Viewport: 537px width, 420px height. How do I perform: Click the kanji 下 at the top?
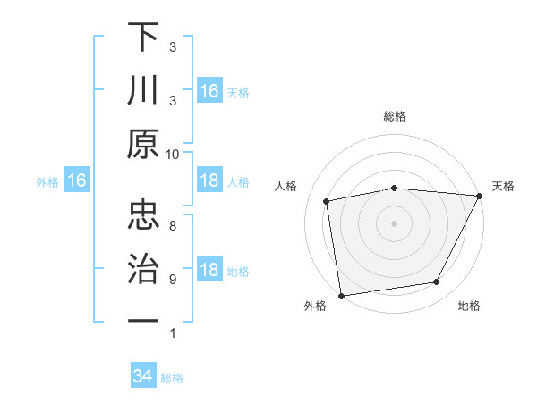(x=143, y=39)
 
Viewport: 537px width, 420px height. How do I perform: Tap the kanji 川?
(x=143, y=92)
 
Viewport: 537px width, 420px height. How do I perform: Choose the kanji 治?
(x=143, y=266)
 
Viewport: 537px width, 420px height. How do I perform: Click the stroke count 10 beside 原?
(x=173, y=154)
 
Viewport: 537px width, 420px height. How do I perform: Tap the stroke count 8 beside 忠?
(x=173, y=225)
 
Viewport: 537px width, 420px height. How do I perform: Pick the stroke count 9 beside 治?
(x=173, y=279)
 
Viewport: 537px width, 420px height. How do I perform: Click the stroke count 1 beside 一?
(x=173, y=333)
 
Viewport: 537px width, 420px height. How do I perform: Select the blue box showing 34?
(x=142, y=376)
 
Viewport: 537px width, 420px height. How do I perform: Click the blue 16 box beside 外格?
(x=76, y=181)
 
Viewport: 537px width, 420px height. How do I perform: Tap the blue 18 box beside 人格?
(x=209, y=181)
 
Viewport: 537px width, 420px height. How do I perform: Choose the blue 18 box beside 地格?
(x=209, y=270)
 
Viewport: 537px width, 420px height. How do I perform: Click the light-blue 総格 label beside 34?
(x=172, y=377)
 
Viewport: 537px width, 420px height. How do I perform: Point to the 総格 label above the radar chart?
(x=394, y=116)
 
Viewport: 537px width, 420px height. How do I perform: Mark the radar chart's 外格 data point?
(x=341, y=295)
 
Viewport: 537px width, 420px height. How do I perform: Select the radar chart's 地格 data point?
(x=437, y=282)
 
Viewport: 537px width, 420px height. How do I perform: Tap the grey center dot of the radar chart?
(x=394, y=223)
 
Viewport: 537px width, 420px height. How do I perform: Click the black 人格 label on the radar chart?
(x=286, y=186)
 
